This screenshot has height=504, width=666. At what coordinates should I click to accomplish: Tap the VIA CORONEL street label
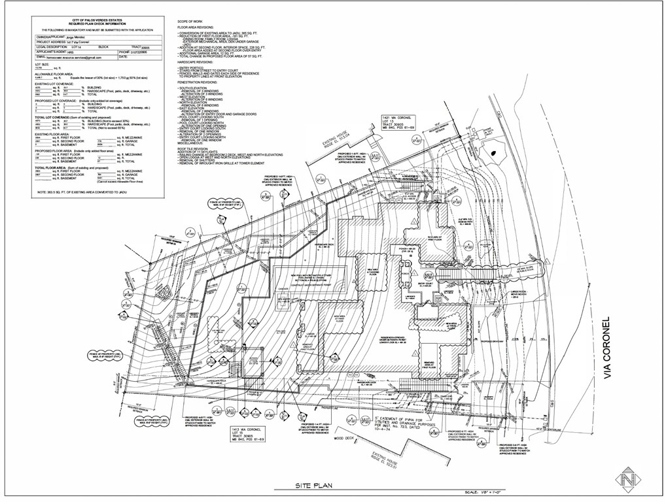(x=606, y=348)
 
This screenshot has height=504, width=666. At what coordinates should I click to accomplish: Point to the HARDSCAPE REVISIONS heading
(x=198, y=63)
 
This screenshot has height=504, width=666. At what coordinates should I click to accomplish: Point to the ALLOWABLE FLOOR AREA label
(x=54, y=74)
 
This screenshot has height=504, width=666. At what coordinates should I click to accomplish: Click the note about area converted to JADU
(x=82, y=192)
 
